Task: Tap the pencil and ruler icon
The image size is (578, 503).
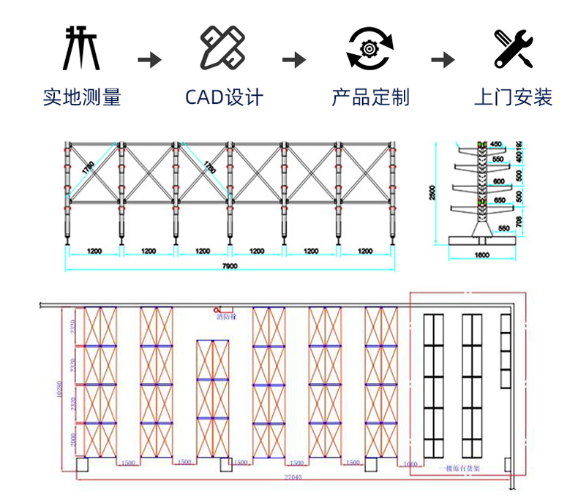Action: [222, 48]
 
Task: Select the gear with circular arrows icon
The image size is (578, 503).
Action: [370, 48]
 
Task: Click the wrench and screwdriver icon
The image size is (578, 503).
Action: [513, 48]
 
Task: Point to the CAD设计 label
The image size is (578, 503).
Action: [223, 97]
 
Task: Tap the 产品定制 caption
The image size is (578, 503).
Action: [370, 97]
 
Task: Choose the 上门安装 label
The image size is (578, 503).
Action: [513, 97]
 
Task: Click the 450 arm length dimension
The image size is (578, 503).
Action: [496, 144]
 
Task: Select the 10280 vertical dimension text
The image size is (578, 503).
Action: [59, 395]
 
